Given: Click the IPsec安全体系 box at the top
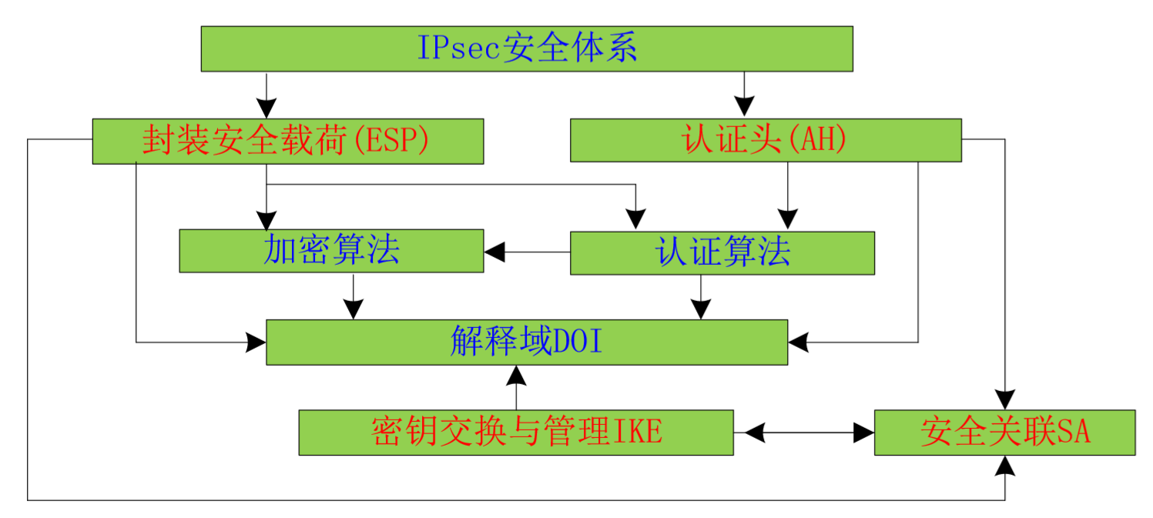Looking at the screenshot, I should [x=526, y=48].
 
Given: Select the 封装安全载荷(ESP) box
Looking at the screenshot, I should [x=287, y=141].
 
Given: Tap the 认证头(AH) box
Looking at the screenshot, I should [x=765, y=140].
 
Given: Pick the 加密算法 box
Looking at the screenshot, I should [x=331, y=251].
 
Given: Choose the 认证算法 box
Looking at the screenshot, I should [x=722, y=252].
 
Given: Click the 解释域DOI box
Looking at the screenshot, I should [x=526, y=342].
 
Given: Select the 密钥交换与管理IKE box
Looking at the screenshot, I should [x=515, y=433].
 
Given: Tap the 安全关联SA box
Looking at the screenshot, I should [x=1004, y=433].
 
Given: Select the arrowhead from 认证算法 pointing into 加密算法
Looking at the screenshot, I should [x=494, y=251].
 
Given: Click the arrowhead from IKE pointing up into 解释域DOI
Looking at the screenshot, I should [x=516, y=375].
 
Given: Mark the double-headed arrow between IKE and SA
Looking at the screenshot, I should [x=803, y=433].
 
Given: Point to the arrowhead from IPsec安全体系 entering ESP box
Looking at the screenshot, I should [x=266, y=109].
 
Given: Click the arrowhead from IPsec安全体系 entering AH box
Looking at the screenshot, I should [x=743, y=109].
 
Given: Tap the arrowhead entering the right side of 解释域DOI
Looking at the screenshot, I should [x=798, y=342].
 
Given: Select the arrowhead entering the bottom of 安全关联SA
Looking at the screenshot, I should [x=1004, y=465].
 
